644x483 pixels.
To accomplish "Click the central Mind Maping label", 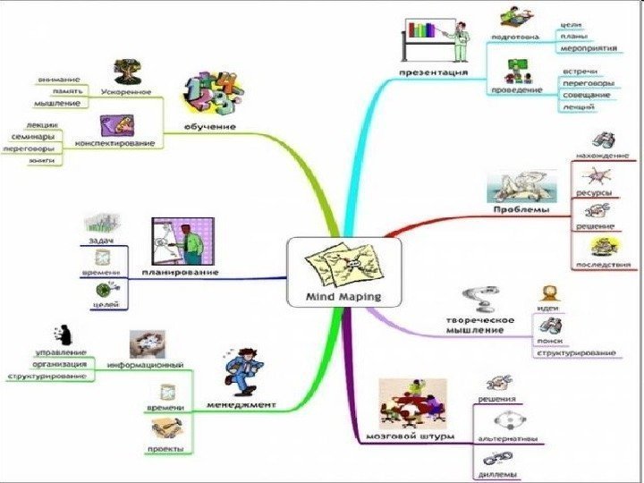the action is [x=343, y=295].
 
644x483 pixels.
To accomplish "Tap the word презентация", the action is [x=433, y=71].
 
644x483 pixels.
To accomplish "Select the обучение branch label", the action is [x=210, y=126].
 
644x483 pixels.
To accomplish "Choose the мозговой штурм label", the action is [x=411, y=436].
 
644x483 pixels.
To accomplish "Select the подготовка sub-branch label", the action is [x=514, y=37].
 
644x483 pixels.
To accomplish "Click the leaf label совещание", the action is [x=586, y=94].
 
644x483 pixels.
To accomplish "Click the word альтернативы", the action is [x=507, y=439].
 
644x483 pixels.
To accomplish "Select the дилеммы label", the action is [x=497, y=474].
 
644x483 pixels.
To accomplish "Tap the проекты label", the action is [x=167, y=447].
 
